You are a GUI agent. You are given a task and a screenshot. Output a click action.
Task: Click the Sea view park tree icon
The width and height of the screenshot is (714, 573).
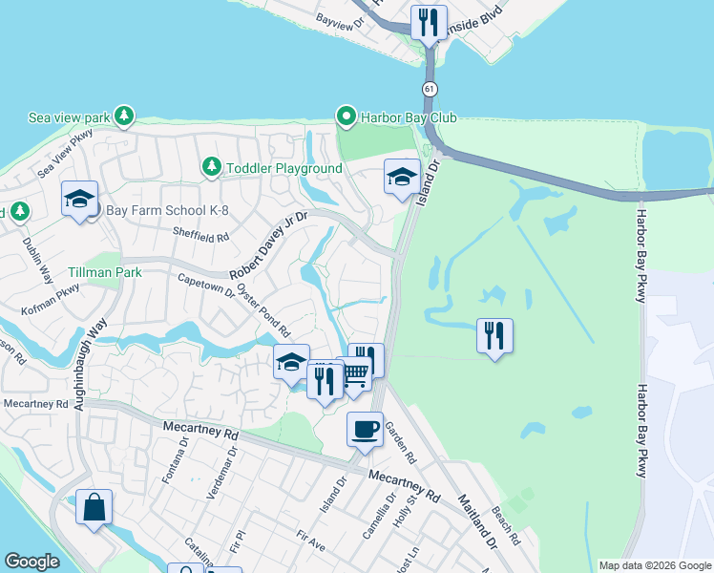click(x=123, y=117)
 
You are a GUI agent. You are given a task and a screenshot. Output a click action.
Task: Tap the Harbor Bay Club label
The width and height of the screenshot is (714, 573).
click(x=409, y=117)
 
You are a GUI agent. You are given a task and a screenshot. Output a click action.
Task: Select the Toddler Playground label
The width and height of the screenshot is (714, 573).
click(x=283, y=168)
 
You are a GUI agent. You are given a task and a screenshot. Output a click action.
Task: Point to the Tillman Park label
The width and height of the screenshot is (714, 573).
click(x=104, y=272)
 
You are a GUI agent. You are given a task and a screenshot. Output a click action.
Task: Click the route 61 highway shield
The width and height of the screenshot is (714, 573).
click(x=430, y=89)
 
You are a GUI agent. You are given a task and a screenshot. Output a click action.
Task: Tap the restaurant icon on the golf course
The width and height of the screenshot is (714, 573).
click(x=494, y=336)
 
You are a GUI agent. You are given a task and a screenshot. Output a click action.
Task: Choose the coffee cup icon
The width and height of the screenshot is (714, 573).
click(x=365, y=430)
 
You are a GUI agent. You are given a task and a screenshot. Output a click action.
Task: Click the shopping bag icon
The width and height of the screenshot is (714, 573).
click(x=94, y=508)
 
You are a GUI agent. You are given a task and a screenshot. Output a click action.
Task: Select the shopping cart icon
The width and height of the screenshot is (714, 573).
click(x=354, y=373)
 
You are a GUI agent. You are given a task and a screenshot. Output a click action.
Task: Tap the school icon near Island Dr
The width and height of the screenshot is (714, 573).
click(x=402, y=177)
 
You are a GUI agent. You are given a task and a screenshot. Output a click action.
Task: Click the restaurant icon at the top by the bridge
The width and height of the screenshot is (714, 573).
click(x=429, y=21)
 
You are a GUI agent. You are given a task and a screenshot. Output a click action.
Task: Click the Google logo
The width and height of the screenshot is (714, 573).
click(x=31, y=561)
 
